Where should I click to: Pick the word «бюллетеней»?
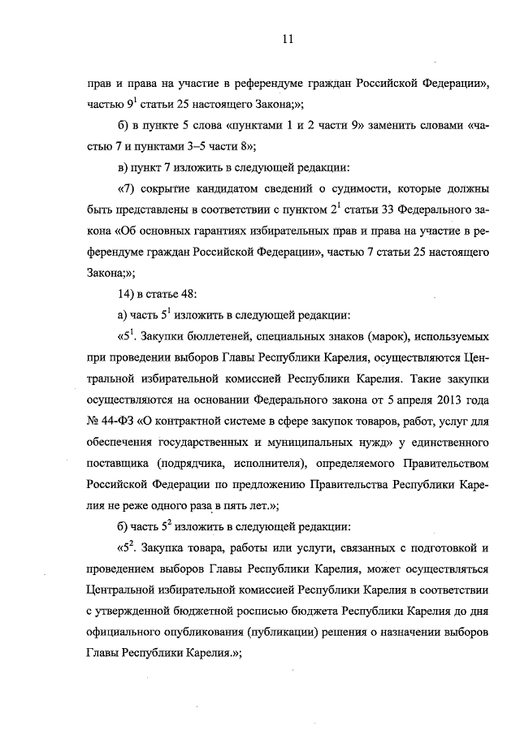[225, 335]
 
